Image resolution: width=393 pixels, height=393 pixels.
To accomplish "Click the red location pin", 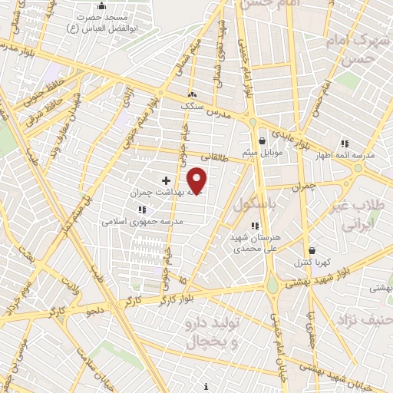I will point(197,181).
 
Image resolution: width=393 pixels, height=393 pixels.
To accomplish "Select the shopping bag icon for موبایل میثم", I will point(263,140).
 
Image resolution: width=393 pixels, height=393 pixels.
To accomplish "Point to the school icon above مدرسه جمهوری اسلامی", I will point(142,209).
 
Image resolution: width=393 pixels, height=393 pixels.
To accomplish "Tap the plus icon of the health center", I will point(166,180).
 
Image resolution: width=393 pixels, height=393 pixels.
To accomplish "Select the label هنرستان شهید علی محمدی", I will point(256,243).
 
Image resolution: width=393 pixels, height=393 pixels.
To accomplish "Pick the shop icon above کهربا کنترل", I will point(312,250).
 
